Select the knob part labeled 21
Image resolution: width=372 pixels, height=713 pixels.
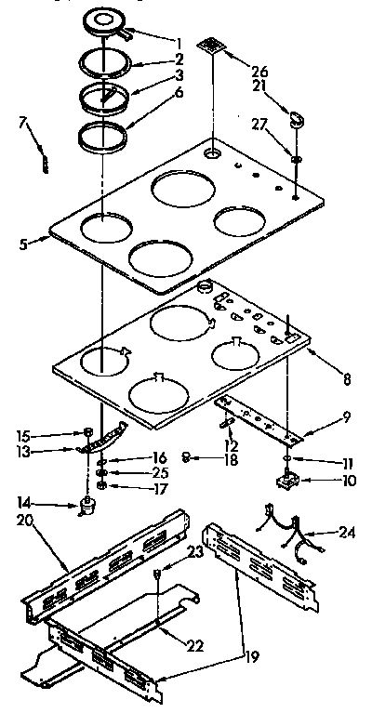tap(298, 117)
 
